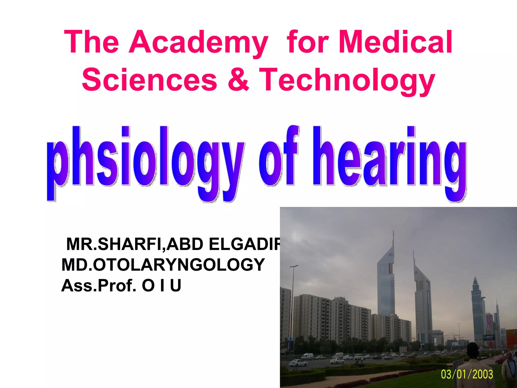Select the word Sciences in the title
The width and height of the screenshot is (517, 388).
click(x=149, y=80)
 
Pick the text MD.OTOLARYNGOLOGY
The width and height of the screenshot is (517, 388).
click(x=163, y=265)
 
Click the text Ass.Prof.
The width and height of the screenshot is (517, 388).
click(x=99, y=285)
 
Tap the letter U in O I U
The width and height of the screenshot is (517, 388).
click(x=176, y=285)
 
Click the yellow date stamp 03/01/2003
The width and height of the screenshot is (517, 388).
click(x=467, y=374)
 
